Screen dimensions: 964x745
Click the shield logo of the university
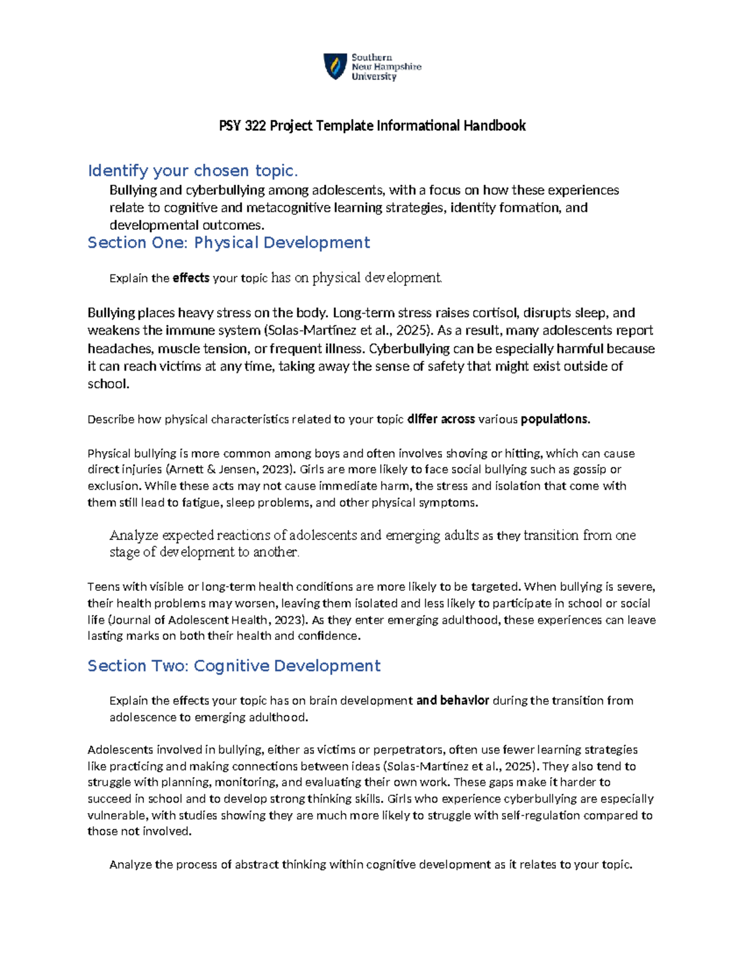click(x=335, y=66)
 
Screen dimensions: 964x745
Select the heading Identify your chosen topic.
click(x=192, y=171)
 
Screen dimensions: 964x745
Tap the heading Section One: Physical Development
click(x=228, y=243)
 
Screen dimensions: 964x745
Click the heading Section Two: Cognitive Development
click(x=233, y=666)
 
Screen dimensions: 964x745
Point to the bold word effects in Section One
click(x=191, y=278)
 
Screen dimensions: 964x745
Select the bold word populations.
click(x=554, y=420)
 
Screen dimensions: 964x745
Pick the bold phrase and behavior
click(x=453, y=701)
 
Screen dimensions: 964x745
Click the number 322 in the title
click(x=255, y=126)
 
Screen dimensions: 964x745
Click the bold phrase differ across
click(x=441, y=420)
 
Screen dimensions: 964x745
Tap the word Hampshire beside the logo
click(x=396, y=67)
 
